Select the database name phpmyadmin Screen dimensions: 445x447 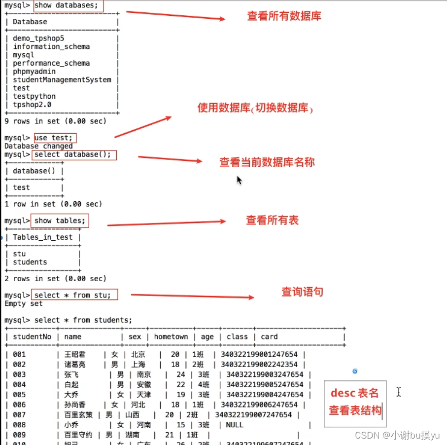click(x=34, y=72)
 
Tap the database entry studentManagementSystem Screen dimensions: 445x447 click(x=62, y=80)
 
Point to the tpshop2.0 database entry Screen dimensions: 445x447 click(x=32, y=105)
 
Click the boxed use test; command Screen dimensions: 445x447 click(x=56, y=138)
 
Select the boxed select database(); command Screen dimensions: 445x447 click(x=74, y=155)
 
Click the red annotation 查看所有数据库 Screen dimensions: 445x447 click(x=284, y=16)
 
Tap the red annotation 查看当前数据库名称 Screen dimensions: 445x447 click(x=267, y=162)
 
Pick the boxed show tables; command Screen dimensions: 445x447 click(x=60, y=221)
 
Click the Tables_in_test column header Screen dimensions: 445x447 click(x=42, y=237)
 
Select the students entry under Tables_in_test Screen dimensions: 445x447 click(x=30, y=262)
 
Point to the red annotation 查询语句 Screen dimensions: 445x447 click(x=302, y=292)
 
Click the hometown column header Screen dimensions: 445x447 click(x=171, y=337)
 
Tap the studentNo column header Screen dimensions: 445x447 click(x=32, y=337)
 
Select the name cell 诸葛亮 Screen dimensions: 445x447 click(x=75, y=365)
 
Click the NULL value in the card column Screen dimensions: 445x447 click(x=235, y=425)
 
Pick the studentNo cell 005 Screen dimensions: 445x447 click(x=19, y=395)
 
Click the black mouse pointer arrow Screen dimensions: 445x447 click(x=239, y=180)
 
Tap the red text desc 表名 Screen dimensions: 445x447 click(x=355, y=393)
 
